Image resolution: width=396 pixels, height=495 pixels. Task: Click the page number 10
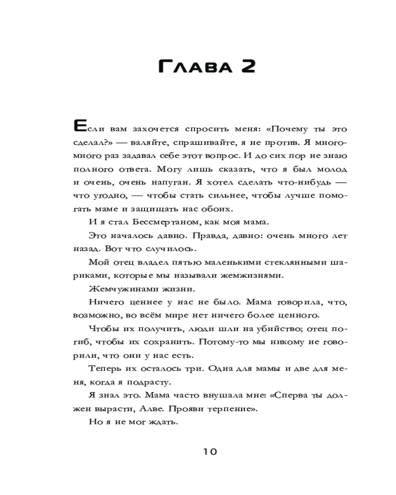[209, 451]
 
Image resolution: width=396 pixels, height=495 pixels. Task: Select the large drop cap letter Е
[80, 127]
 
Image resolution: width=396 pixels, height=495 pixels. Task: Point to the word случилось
[173, 248]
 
